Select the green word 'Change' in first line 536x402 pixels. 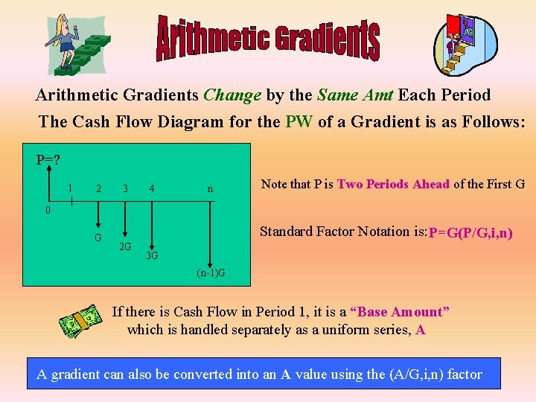click(232, 95)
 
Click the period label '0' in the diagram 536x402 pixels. click(47, 210)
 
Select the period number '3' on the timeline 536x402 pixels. click(126, 189)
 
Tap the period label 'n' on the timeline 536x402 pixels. click(210, 189)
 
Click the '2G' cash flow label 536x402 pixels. click(126, 246)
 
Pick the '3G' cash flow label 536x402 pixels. click(151, 256)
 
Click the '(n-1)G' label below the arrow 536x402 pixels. click(211, 274)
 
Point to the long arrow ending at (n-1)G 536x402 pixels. click(213, 231)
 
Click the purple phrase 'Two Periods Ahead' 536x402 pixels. click(393, 185)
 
